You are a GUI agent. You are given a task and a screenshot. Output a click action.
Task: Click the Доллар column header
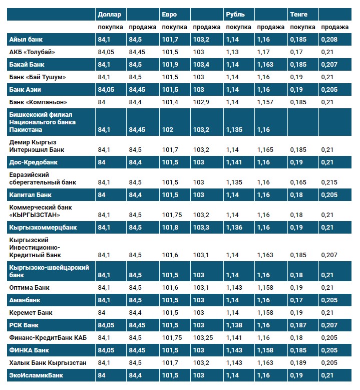[109, 14]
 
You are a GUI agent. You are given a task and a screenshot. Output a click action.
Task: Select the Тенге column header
[299, 14]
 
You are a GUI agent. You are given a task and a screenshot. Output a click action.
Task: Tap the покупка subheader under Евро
[175, 27]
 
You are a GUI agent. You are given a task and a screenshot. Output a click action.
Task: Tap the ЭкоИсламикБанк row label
[36, 375]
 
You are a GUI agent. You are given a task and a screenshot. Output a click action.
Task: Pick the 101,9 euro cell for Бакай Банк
[171, 64]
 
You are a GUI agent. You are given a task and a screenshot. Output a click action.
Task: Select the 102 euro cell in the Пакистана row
[168, 130]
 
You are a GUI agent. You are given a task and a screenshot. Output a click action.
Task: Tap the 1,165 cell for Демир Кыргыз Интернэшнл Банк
[265, 149]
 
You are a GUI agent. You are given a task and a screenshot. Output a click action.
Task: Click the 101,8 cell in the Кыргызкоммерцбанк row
[171, 227]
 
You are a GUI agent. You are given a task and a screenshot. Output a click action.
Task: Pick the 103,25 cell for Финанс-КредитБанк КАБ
[205, 337]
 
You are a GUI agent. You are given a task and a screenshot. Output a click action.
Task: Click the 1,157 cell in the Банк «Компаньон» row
[265, 102]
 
